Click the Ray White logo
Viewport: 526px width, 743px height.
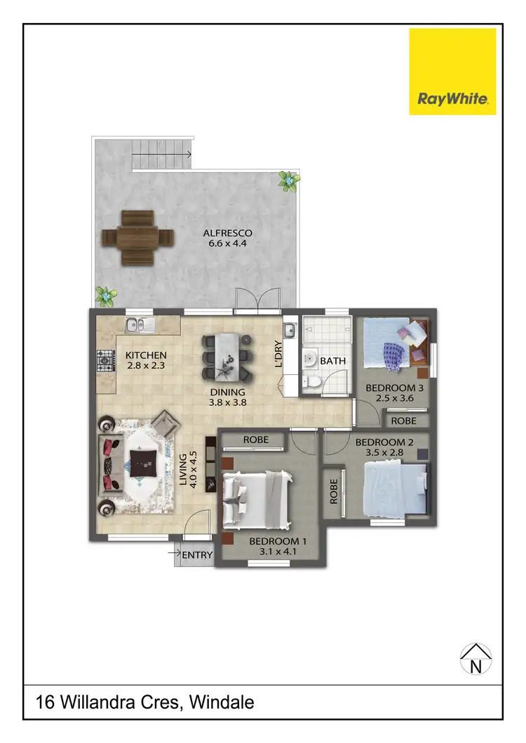453,71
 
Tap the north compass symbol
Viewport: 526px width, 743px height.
476,660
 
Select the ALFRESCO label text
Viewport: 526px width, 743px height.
227,233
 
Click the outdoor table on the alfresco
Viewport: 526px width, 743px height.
137,238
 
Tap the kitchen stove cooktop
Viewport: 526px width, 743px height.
105,362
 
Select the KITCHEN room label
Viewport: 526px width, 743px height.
146,355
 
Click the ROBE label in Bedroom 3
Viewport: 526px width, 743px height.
403,421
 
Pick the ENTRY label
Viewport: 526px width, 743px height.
197,555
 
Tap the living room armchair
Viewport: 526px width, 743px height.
166,424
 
